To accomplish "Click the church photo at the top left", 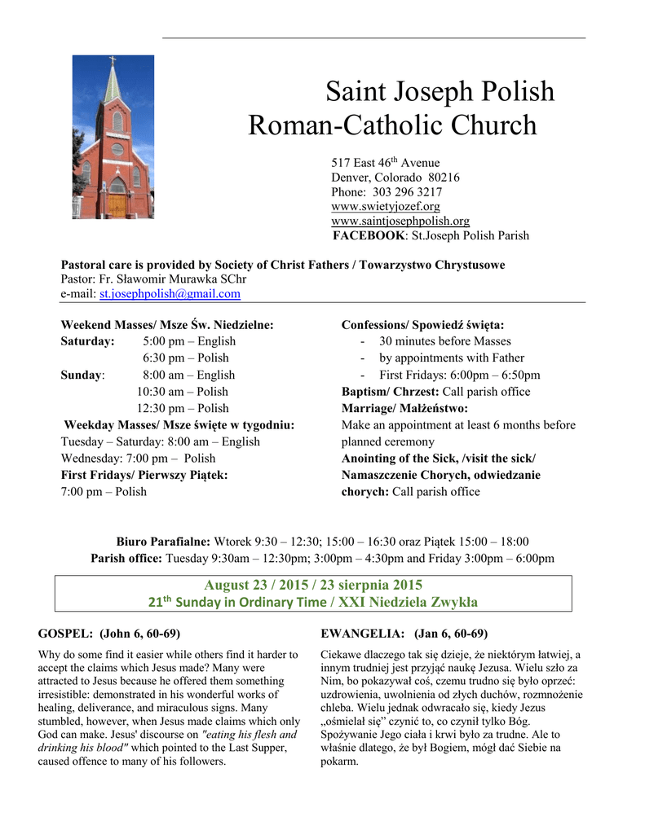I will click(x=113, y=136).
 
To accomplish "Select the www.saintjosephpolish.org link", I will click(x=400, y=221).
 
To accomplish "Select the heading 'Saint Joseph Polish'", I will click(x=440, y=90).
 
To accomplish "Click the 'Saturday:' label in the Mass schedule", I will click(x=87, y=341).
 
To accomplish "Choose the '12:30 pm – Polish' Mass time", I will click(x=183, y=408).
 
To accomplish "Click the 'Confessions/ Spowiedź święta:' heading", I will click(x=422, y=325).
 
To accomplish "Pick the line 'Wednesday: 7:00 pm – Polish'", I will click(x=139, y=459).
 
